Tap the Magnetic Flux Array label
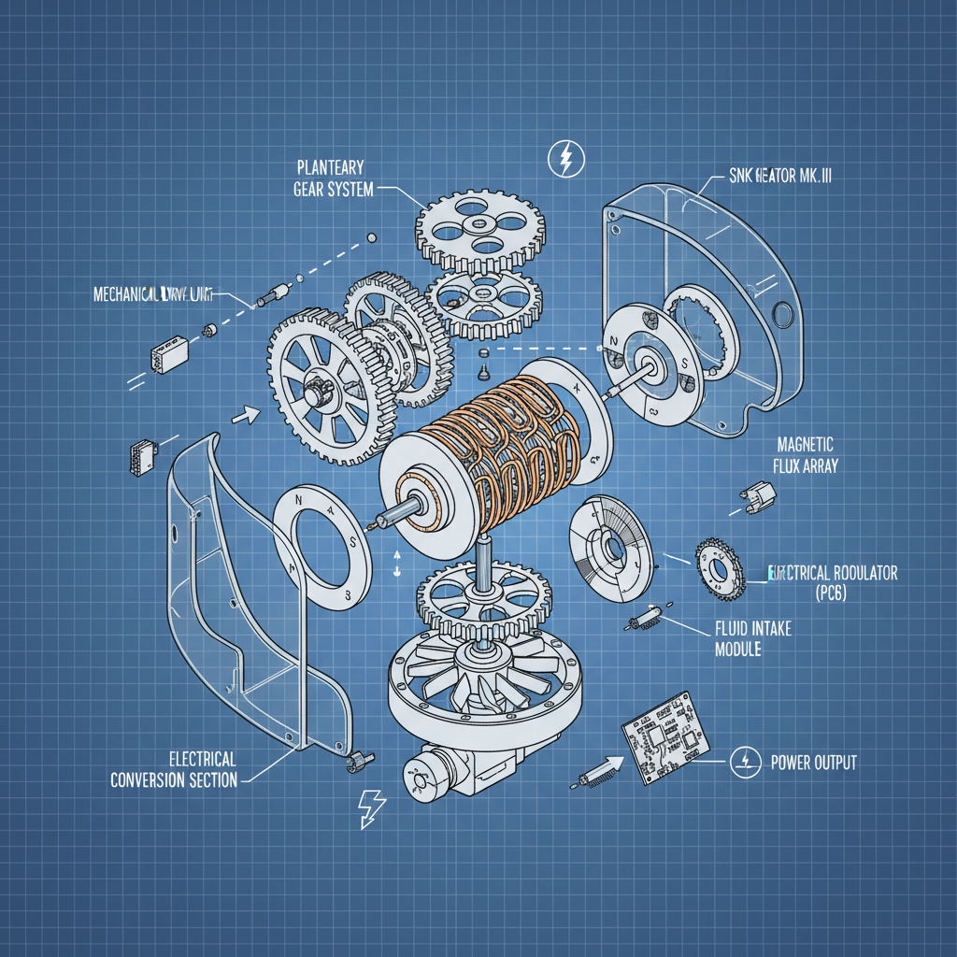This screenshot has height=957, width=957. click(805, 454)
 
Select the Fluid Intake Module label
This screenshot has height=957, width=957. click(752, 638)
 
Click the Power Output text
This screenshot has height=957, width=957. click(813, 763)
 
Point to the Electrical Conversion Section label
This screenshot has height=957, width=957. click(174, 768)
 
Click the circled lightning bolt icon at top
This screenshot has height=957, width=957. click(564, 160)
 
